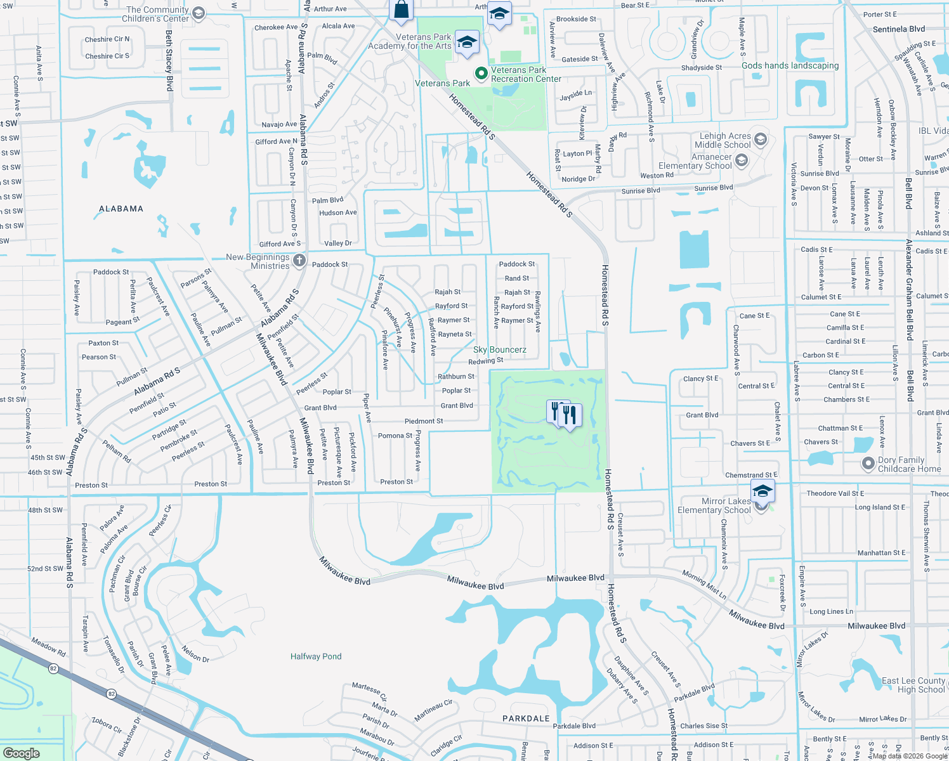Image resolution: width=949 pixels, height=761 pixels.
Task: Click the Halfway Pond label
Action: (316, 656)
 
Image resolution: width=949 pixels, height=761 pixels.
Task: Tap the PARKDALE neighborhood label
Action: (526, 719)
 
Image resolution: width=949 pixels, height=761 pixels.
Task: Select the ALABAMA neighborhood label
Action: (121, 209)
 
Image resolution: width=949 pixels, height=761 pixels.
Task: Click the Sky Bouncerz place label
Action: (500, 349)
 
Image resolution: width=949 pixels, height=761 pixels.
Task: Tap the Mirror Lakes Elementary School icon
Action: (762, 492)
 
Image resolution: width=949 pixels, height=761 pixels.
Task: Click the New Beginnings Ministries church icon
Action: (299, 260)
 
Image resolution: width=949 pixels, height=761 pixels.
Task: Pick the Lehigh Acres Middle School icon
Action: (761, 139)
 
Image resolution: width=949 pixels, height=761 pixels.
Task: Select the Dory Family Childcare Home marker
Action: (868, 464)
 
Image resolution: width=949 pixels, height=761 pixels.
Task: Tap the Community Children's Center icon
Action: (199, 13)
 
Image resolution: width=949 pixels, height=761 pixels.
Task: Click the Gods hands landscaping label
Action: (790, 65)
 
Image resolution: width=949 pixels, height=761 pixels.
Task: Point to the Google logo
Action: (21, 753)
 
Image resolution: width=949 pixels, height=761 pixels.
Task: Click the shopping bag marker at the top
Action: (401, 10)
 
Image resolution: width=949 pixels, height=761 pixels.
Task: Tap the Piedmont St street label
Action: (424, 421)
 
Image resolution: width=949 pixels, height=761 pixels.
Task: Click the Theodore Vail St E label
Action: (835, 493)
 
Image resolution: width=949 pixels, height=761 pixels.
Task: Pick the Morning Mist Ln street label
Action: (704, 584)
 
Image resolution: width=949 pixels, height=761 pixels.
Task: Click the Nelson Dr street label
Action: (195, 654)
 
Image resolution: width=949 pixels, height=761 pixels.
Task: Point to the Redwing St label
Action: (486, 361)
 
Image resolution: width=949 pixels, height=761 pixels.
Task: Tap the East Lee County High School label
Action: (913, 685)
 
